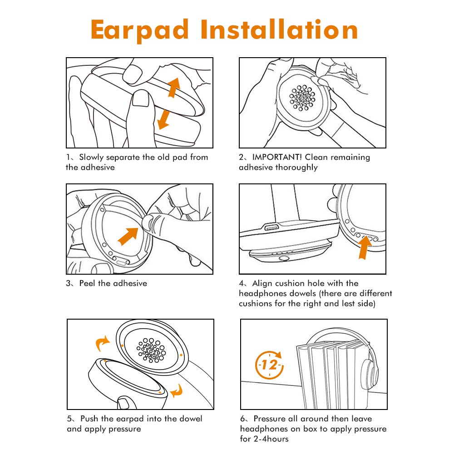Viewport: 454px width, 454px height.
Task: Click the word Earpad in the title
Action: coord(139,30)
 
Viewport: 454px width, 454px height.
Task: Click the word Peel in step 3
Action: coord(88,283)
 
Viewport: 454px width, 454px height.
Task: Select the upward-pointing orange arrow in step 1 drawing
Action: coord(173,87)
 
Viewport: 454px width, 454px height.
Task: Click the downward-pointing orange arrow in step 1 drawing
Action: coord(162,118)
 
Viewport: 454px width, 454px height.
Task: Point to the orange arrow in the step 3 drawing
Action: coord(129,236)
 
